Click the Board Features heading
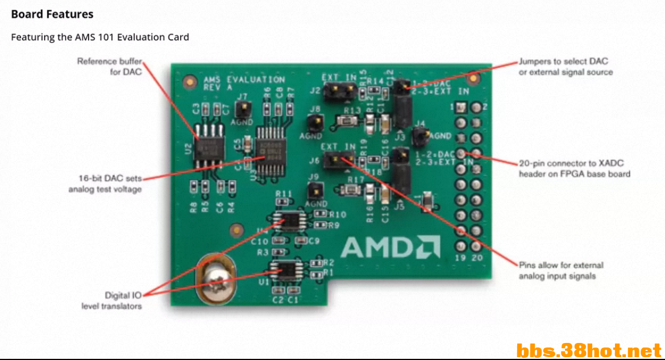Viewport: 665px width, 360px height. coord(52,14)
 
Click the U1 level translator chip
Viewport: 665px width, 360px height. coord(288,271)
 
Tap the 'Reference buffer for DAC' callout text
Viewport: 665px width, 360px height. coord(110,67)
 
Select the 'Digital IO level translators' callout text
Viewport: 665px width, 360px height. coord(111,301)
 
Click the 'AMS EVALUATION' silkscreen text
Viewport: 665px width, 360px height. coord(244,80)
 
